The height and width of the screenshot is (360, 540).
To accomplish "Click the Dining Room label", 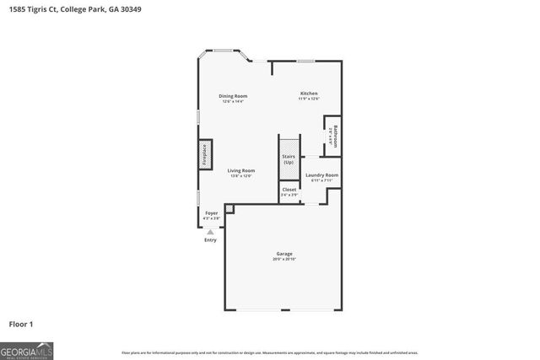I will [x=233, y=96].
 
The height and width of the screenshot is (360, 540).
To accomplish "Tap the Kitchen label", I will [x=310, y=93].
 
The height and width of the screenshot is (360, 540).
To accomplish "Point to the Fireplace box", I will [x=204, y=155].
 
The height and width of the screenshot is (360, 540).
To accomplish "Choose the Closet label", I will [x=289, y=190].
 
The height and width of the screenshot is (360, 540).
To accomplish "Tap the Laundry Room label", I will [x=321, y=175].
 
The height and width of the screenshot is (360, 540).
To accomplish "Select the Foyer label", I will [x=211, y=212].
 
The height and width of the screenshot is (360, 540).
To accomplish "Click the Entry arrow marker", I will [x=210, y=231].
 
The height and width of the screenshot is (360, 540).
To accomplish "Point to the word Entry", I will [x=210, y=240].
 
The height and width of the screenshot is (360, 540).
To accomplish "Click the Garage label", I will [x=284, y=254].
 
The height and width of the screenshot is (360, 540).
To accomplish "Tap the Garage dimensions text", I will [x=284, y=260].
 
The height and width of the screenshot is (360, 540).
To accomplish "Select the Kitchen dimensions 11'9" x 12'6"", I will [x=310, y=99].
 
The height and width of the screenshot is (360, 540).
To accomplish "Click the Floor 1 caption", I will [x=22, y=324].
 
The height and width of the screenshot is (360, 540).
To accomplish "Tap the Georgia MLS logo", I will [x=26, y=349].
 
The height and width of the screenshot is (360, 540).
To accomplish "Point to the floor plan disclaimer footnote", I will [x=269, y=352].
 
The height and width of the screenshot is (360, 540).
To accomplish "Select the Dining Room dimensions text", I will [x=233, y=102].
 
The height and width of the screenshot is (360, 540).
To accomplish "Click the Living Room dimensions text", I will [x=240, y=176].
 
